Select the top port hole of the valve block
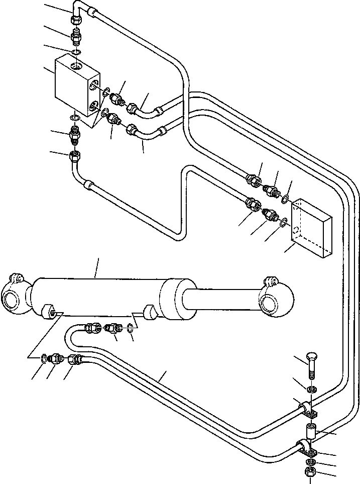pyautogui.click(x=75, y=66)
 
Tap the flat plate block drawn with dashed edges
pyautogui.click(x=311, y=229)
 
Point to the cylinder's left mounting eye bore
pyautogui.click(x=10, y=302)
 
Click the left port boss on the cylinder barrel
pyautogui.click(x=49, y=312)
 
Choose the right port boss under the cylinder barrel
pyautogui.click(x=150, y=312)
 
